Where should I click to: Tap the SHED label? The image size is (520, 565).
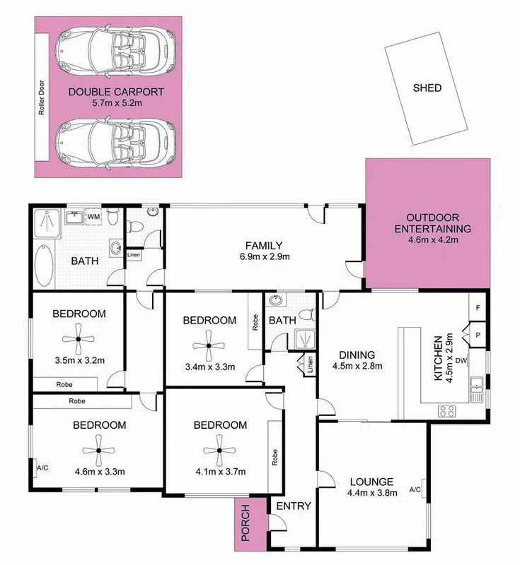click(427, 88)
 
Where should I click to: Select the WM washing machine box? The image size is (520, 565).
click(93, 217)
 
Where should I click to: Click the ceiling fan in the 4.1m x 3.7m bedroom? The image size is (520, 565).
click(219, 450)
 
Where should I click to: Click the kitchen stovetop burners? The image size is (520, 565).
click(448, 409)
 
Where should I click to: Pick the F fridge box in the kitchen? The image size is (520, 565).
click(478, 308)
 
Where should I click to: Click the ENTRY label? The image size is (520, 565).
click(290, 506)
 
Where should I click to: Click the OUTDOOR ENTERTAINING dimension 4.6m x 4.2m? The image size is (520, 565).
click(433, 241)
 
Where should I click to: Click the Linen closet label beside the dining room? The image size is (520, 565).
click(309, 365)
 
